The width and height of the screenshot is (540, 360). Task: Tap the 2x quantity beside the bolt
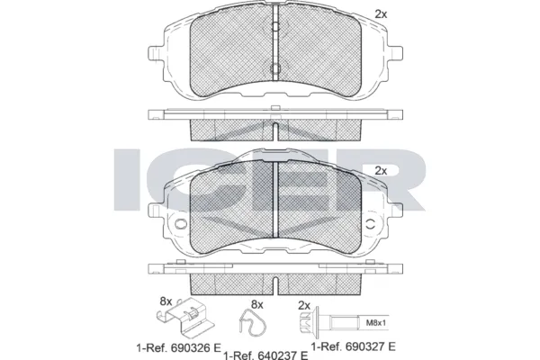point(304,304)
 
